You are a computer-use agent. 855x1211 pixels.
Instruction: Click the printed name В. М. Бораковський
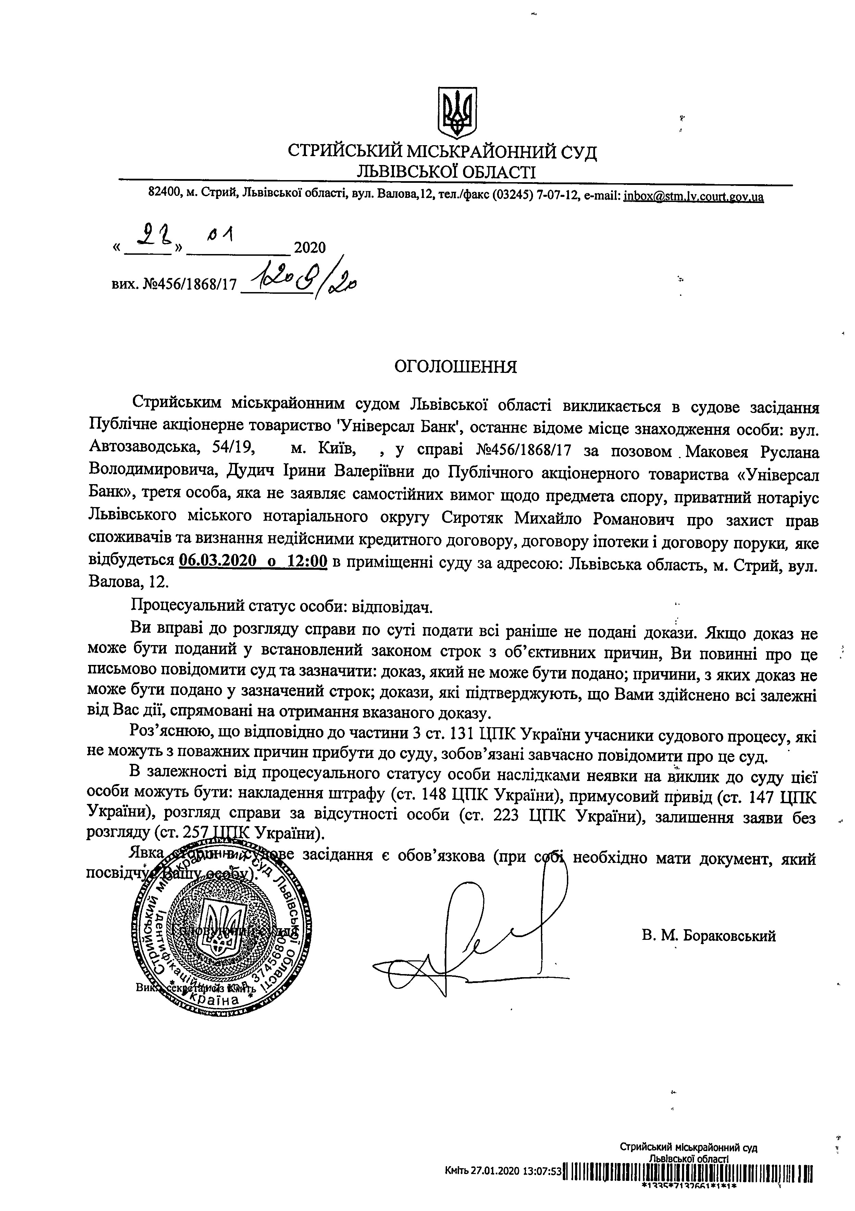tap(709, 936)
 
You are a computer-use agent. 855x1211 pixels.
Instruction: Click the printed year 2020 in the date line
tap(310, 247)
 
